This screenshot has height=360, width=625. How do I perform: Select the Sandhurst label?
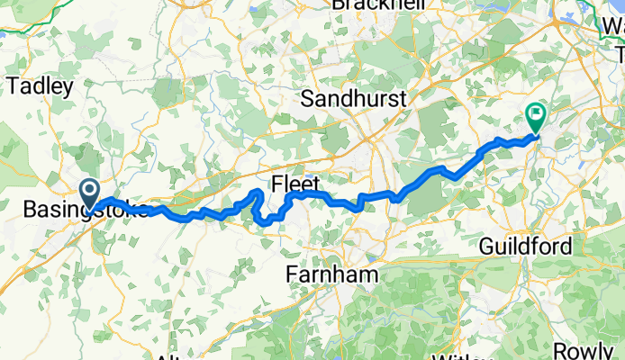pyautogui.click(x=355, y=96)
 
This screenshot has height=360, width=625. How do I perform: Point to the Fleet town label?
pyautogui.click(x=303, y=182)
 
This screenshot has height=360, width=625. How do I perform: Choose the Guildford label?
pyautogui.click(x=526, y=246)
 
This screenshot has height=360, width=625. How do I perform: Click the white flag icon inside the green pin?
pyautogui.click(x=535, y=114)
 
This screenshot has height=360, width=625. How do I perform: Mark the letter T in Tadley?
pyautogui.click(x=12, y=85)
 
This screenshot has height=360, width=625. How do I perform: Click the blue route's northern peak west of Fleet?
pyautogui.click(x=258, y=193)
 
